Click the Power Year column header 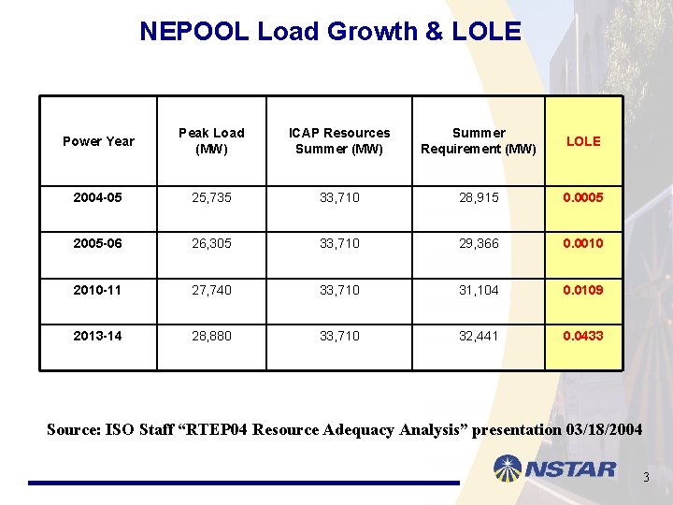coord(98,141)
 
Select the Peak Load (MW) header coord(211,141)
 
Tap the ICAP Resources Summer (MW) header coord(339,141)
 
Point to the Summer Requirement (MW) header coord(479,141)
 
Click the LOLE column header coord(583,141)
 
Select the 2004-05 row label coord(98,197)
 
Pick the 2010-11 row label coord(98,290)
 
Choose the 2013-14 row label coord(98,336)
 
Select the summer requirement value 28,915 coord(479,197)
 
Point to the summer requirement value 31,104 coord(479,290)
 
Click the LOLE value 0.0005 coord(583,197)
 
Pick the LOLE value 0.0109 coord(583,290)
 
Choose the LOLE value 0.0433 coord(583,336)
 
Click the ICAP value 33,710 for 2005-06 coord(339,243)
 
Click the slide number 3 coord(645,479)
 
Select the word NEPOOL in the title coord(194,31)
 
